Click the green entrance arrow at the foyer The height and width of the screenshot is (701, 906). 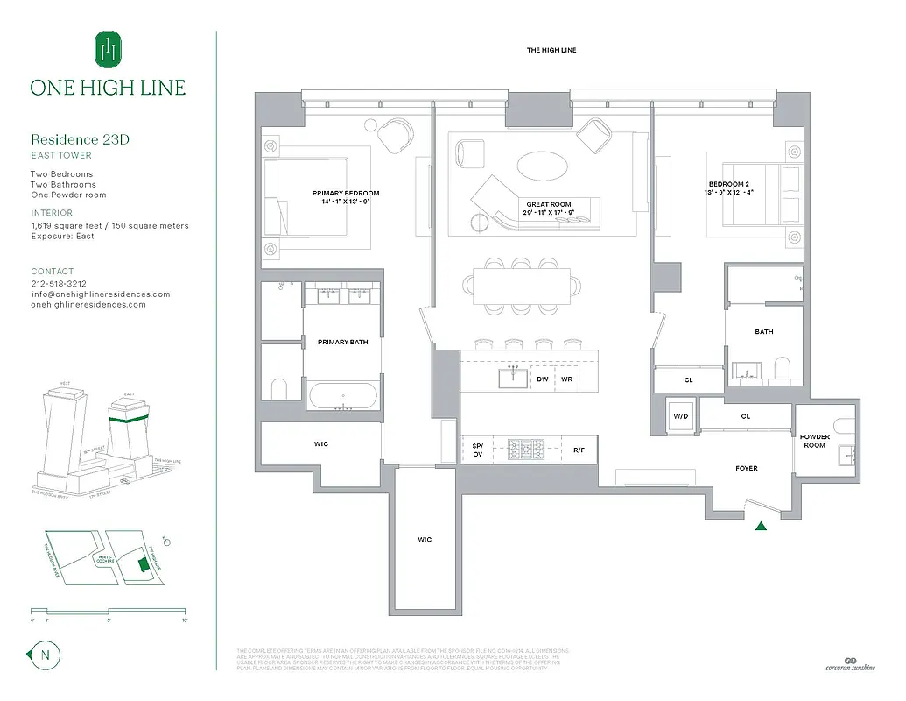click(x=761, y=526)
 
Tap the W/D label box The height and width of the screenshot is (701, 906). click(x=680, y=416)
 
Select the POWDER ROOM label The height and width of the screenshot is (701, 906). click(x=814, y=441)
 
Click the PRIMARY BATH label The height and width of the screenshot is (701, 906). click(x=342, y=342)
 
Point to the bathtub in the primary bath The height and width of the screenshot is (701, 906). click(x=342, y=395)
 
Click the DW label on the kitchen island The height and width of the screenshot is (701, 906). click(x=543, y=379)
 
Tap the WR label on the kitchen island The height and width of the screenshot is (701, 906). click(x=566, y=379)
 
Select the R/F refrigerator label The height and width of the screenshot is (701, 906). click(x=579, y=449)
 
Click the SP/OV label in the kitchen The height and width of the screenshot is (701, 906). click(x=477, y=450)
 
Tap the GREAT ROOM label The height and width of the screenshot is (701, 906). click(x=549, y=204)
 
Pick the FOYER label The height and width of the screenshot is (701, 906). click(x=747, y=468)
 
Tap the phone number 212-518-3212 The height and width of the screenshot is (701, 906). click(x=57, y=284)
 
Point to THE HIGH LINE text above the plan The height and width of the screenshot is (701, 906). click(x=551, y=50)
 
